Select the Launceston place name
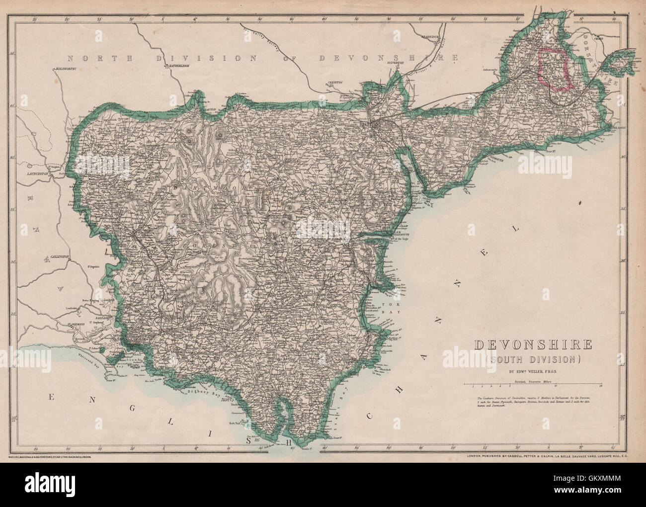39,174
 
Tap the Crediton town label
335,83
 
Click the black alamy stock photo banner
323,485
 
